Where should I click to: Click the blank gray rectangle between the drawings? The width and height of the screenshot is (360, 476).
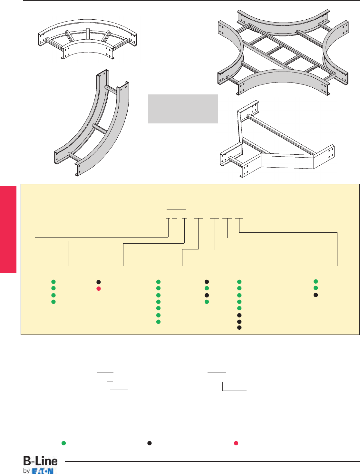183,109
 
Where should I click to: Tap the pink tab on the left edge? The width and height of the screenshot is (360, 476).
8,229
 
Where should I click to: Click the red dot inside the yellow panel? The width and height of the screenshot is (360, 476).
99,288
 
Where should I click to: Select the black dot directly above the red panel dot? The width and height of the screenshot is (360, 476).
99,282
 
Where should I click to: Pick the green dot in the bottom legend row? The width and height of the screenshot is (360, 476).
64,443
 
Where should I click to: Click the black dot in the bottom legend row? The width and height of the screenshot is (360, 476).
150,443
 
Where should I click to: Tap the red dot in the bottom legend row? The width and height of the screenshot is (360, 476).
236,443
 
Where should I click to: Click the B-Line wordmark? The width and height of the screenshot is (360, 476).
41,461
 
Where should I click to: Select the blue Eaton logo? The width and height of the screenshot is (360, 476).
43,471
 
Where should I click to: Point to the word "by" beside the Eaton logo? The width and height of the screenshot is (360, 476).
26,471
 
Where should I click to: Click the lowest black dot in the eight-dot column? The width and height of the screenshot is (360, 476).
239,327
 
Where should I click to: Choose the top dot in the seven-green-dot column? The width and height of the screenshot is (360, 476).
158,282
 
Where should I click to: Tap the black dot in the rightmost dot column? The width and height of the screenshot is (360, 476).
316,295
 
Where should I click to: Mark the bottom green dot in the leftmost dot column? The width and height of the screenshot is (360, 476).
54,302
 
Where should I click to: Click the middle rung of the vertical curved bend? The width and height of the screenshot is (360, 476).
99,129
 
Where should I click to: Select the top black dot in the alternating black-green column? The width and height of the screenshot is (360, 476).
207,282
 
